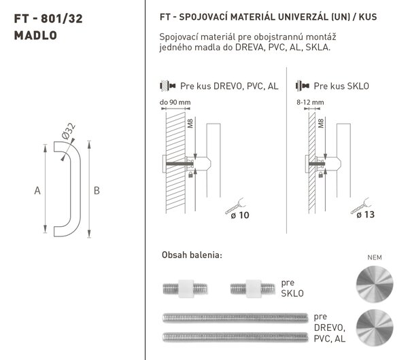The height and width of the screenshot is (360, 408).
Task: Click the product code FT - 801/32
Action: click(x=48, y=19)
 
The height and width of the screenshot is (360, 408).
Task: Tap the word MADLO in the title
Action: click(x=35, y=35)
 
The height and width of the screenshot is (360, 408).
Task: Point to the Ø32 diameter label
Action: click(x=69, y=131)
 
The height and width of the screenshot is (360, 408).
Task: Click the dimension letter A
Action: click(x=37, y=190)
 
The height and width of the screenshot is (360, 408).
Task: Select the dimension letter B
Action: click(x=97, y=190)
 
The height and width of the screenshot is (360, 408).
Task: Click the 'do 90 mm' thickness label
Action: click(x=175, y=102)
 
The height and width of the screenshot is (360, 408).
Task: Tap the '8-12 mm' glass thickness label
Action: click(x=310, y=102)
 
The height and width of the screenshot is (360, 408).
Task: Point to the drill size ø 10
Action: click(x=240, y=215)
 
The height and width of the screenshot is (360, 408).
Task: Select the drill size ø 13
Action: click(x=365, y=215)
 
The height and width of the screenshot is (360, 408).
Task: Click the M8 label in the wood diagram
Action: click(x=190, y=123)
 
